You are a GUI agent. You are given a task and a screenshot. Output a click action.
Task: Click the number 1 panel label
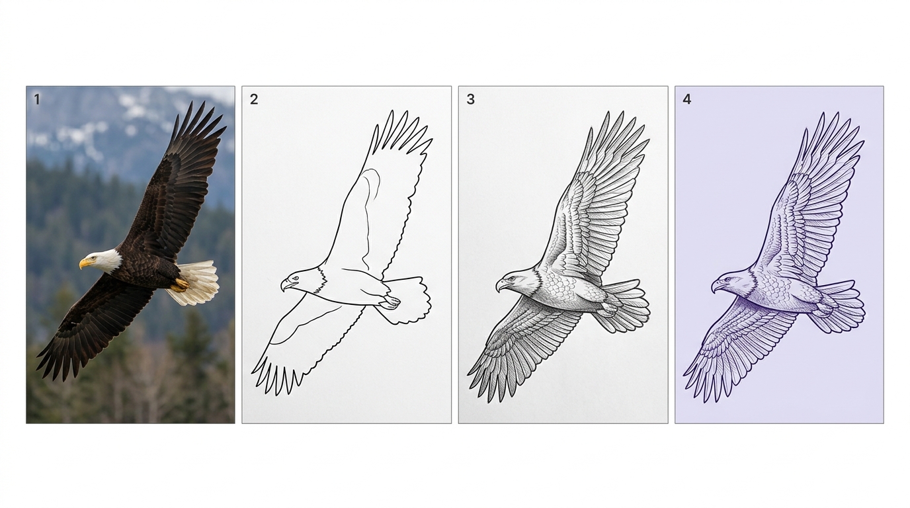click(x=37, y=100)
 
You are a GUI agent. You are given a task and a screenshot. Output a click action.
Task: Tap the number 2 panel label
click(x=254, y=100)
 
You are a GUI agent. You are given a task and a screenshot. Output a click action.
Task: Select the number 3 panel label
click(x=470, y=100)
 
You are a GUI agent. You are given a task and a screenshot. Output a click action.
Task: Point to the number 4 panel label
click(x=687, y=100)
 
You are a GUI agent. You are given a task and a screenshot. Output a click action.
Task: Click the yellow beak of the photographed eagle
click(x=85, y=264)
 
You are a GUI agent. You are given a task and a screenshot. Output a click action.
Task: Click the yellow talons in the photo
click(x=181, y=285)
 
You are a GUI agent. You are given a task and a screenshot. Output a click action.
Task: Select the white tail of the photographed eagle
click(x=195, y=282)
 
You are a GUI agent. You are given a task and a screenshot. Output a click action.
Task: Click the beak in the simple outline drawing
click(x=286, y=285)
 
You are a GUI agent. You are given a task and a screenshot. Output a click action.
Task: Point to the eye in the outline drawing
click(x=294, y=278)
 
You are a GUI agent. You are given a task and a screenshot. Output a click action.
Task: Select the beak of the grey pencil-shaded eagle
click(x=501, y=285)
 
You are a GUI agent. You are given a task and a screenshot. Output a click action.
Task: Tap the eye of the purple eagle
click(x=727, y=280)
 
